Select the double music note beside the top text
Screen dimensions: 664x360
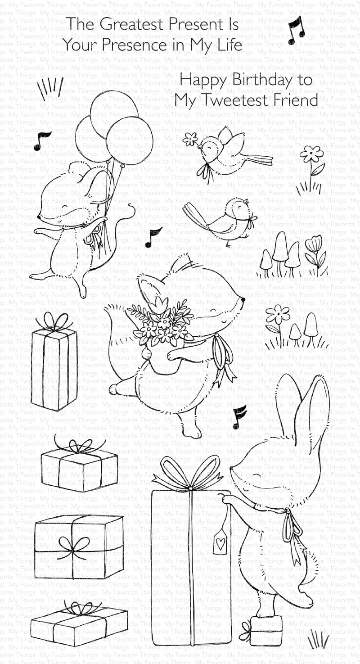(x=296, y=31)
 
